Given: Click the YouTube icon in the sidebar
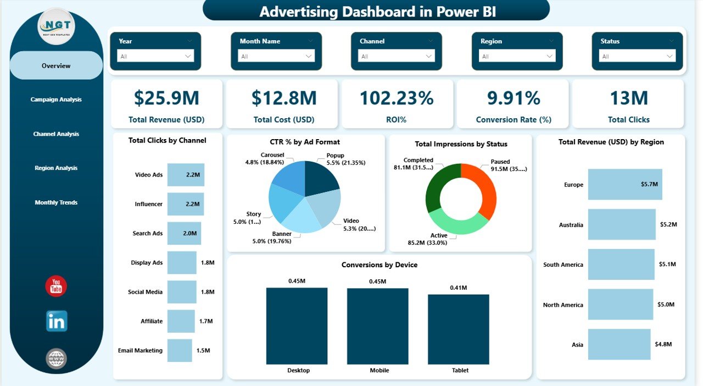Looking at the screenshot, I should point(56,286).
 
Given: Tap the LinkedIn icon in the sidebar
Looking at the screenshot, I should point(56,321).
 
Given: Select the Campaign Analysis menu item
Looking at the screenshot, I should point(56,100).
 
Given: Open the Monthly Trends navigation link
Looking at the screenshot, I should point(56,202).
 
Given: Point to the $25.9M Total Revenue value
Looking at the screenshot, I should point(166,98).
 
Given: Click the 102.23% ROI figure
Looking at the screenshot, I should point(397,98).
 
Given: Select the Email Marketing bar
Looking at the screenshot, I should point(180,350).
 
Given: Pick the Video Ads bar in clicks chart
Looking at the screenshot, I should point(186,175).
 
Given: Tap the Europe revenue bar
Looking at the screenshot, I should point(624,185).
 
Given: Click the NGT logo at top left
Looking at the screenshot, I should point(56,26).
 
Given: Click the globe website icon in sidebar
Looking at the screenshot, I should point(56,359).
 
